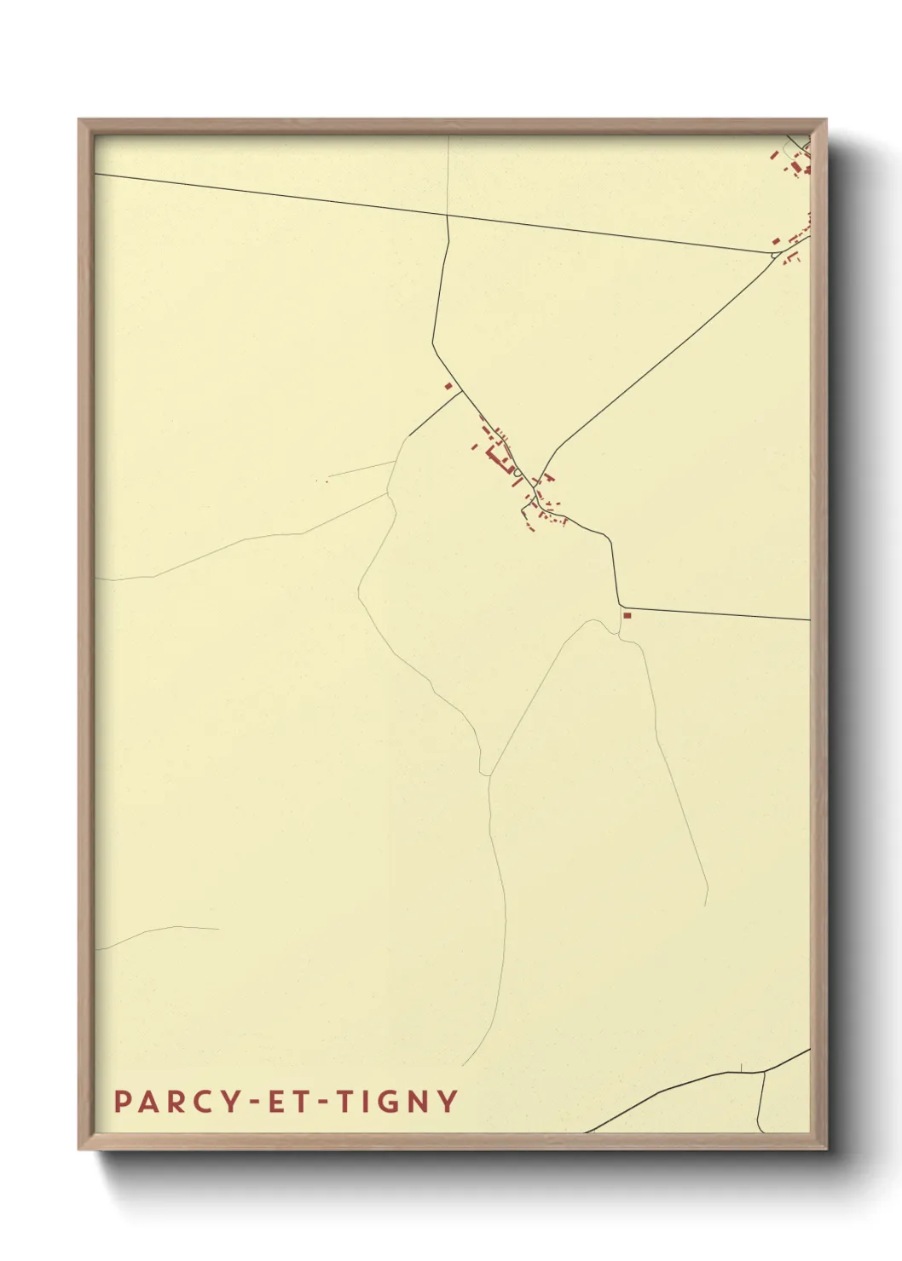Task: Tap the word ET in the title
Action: tap(288, 1102)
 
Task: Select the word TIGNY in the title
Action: tap(397, 1102)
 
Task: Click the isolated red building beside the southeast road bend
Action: tap(627, 615)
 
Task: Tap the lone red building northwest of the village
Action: tap(448, 386)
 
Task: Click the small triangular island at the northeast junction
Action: tap(775, 253)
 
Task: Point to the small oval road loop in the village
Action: tap(517, 472)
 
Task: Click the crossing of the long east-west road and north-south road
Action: tap(447, 216)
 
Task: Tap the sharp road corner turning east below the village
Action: tap(620, 607)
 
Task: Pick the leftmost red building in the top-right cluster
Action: tap(774, 155)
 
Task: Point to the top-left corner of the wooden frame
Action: tap(79, 120)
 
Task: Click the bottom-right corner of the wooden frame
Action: tap(827, 1149)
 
